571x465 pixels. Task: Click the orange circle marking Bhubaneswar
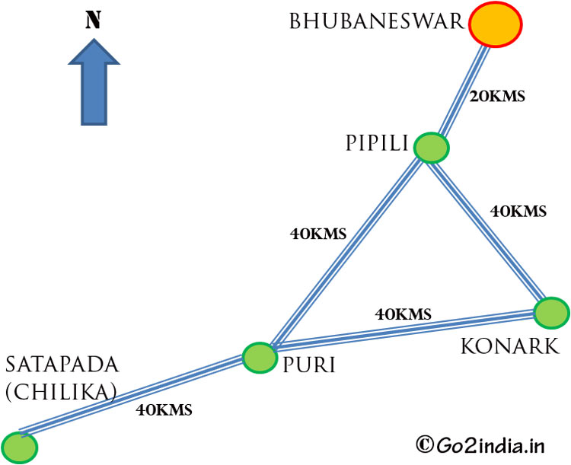point(496,25)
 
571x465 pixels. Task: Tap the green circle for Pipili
point(432,147)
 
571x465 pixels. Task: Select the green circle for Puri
point(259,356)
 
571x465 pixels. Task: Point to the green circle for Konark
point(551,312)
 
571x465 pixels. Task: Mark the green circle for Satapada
point(19,447)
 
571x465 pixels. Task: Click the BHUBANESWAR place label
point(376,21)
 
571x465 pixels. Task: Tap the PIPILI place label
point(376,143)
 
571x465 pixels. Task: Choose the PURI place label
point(308,366)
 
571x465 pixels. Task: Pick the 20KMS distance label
point(499,97)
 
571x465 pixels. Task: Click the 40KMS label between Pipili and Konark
point(518,212)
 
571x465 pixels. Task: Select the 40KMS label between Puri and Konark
point(404,313)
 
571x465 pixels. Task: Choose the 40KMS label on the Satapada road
point(164,409)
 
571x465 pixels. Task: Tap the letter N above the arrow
point(93,20)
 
